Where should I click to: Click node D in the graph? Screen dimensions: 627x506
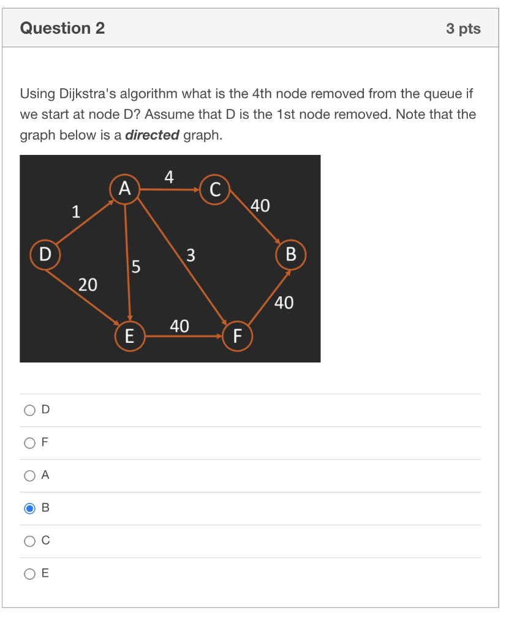coord(45,253)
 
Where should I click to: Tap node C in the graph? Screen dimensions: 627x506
coord(214,190)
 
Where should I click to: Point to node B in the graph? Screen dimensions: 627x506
coord(290,253)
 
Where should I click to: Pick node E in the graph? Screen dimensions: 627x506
coord(130,336)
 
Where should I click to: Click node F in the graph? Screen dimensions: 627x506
coord(237,336)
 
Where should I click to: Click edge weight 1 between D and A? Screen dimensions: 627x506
coord(75,212)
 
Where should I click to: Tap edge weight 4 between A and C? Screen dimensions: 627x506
coord(170,178)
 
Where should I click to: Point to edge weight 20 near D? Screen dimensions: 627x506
coord(87,284)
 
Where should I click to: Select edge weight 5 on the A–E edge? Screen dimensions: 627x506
coord(136,267)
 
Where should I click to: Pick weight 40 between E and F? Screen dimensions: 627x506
coord(179,326)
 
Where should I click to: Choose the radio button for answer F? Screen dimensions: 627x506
coord(29,443)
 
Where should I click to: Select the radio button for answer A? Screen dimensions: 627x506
coord(29,476)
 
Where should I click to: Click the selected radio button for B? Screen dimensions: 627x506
coord(29,508)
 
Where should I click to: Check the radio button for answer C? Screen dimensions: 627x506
coord(29,541)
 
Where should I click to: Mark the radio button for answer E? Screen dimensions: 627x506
coord(29,574)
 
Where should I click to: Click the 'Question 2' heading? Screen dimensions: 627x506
coord(62,28)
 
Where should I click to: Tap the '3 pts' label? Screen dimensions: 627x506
coord(463,29)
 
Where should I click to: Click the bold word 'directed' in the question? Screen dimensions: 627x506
coord(152,135)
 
